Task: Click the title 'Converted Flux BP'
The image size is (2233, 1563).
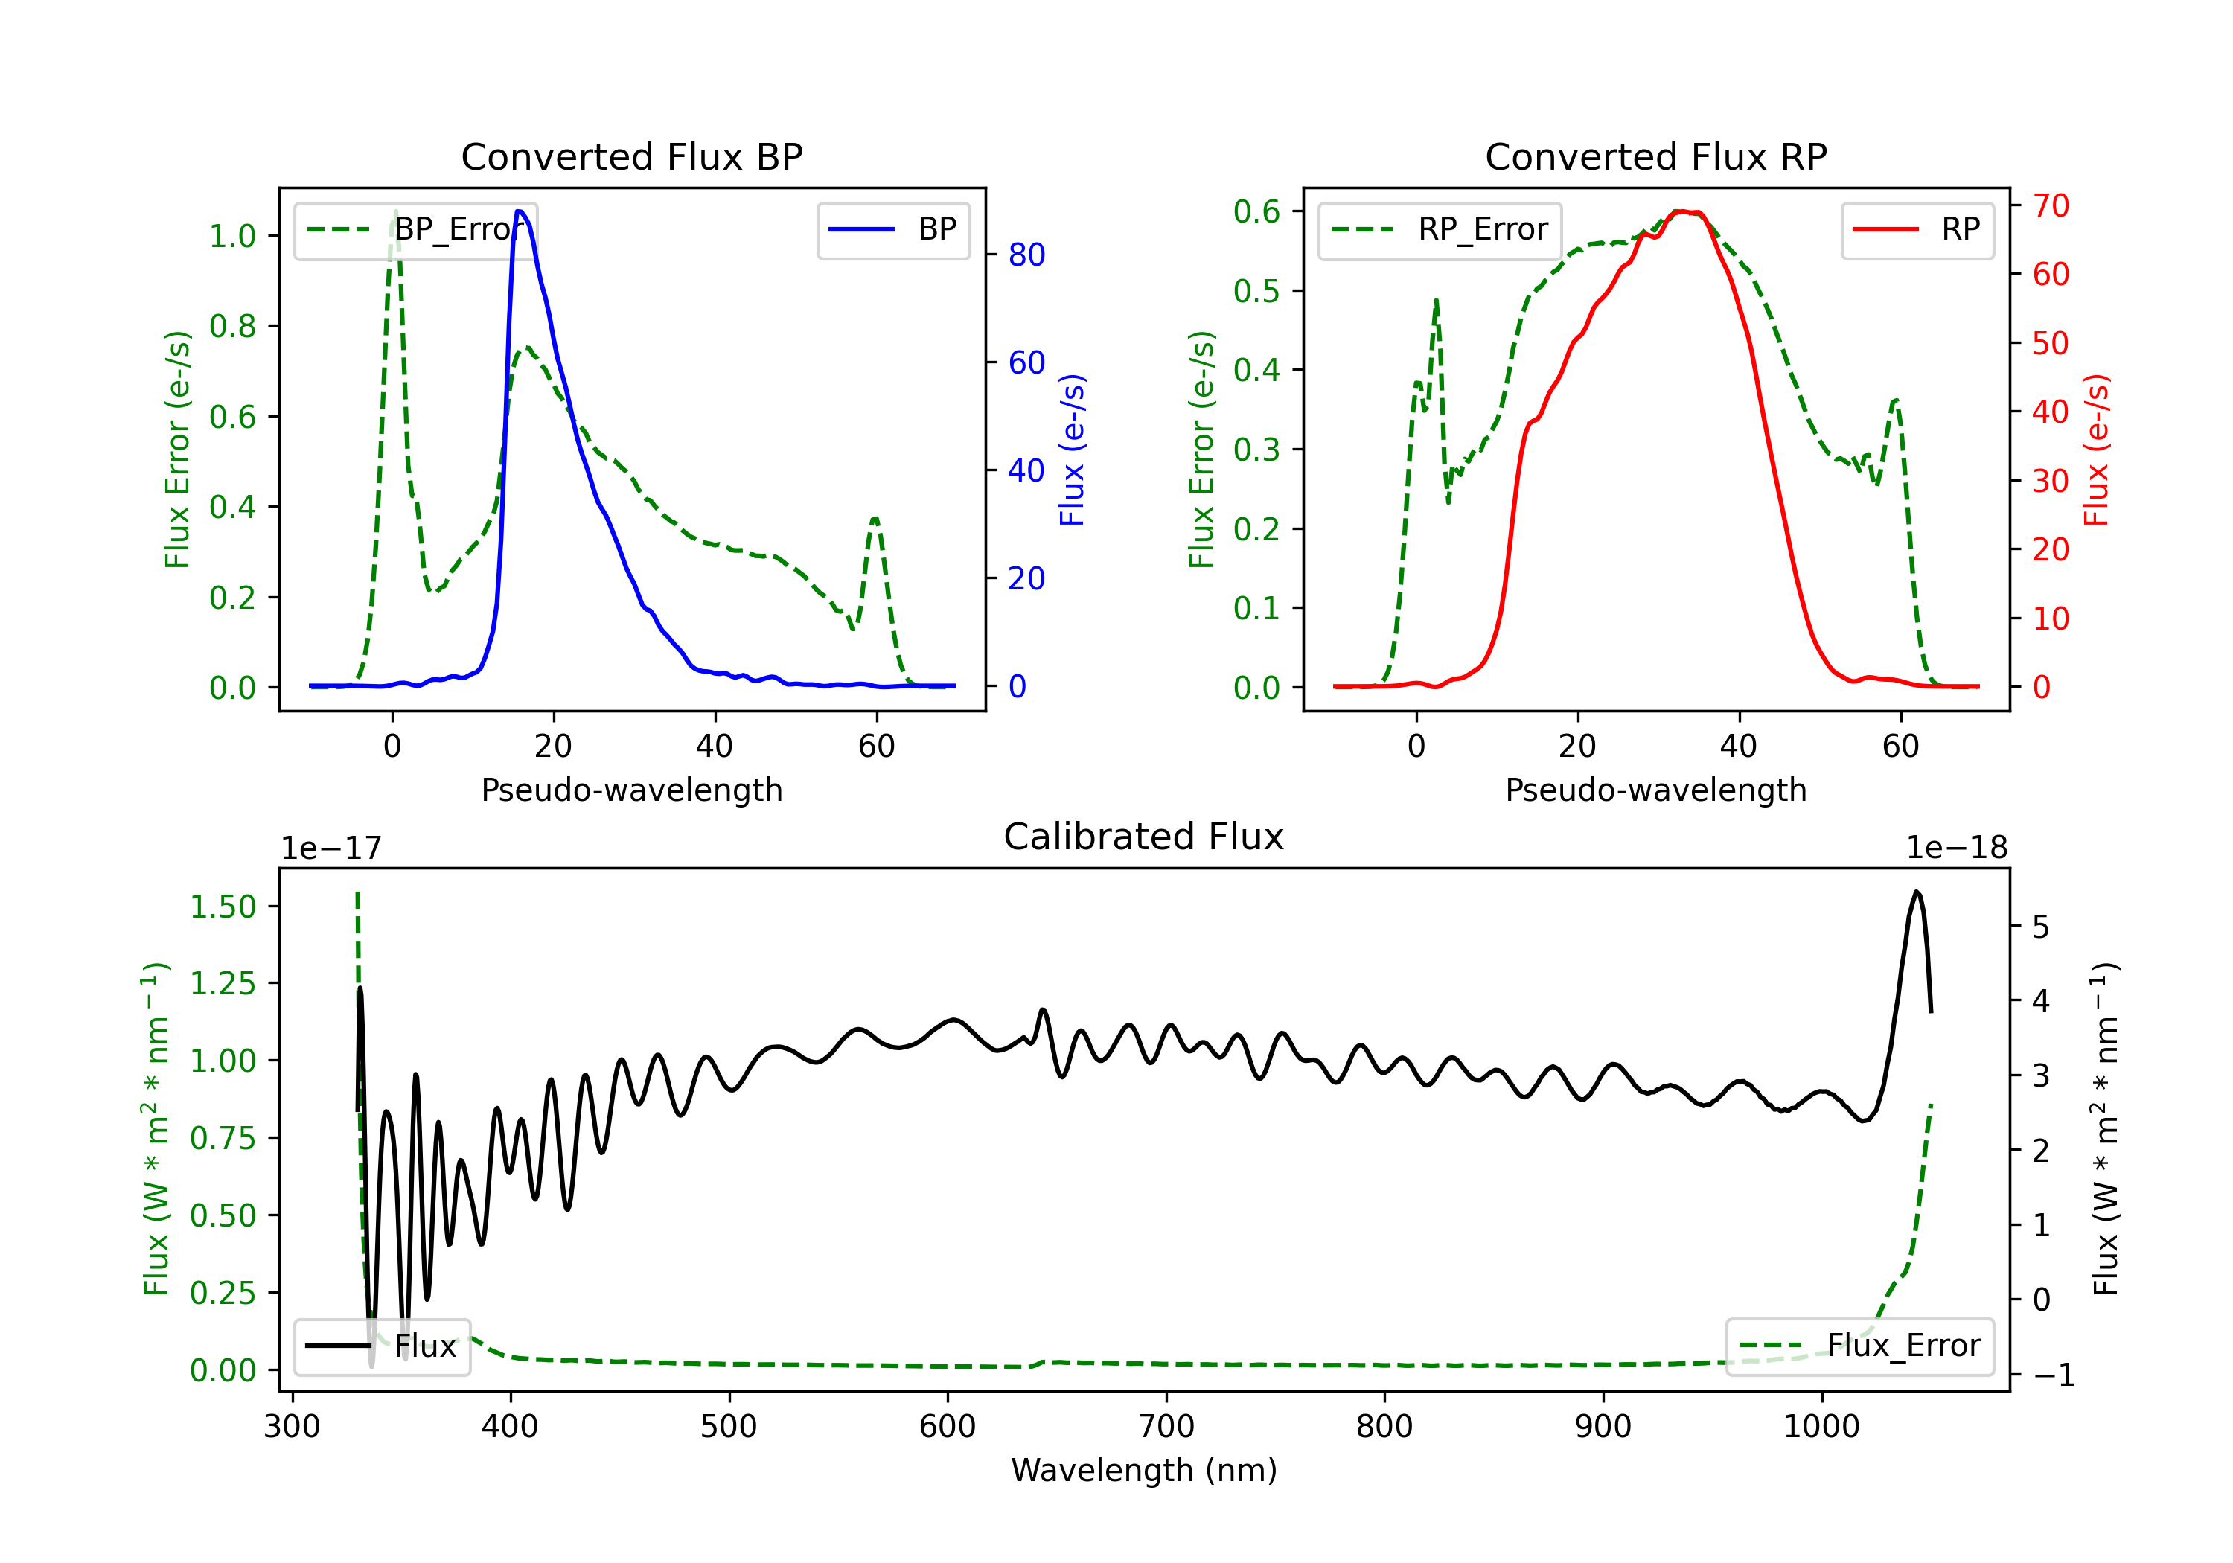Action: click(631, 156)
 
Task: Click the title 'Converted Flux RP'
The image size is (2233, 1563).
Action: click(1655, 156)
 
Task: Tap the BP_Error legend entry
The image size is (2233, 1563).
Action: click(416, 229)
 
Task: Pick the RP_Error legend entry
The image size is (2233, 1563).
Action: click(1440, 229)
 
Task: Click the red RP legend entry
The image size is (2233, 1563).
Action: click(1917, 229)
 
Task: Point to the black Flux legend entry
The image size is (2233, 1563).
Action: click(383, 1346)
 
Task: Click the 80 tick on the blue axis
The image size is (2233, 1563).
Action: click(1026, 255)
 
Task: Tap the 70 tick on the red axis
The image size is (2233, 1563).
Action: click(2050, 205)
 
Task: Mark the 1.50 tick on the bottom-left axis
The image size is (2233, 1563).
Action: click(223, 907)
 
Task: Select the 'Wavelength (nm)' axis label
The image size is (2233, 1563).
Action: click(1144, 1470)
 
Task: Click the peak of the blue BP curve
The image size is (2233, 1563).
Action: click(520, 211)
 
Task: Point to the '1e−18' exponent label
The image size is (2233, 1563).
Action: click(1956, 848)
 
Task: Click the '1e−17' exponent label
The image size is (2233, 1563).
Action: click(332, 848)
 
